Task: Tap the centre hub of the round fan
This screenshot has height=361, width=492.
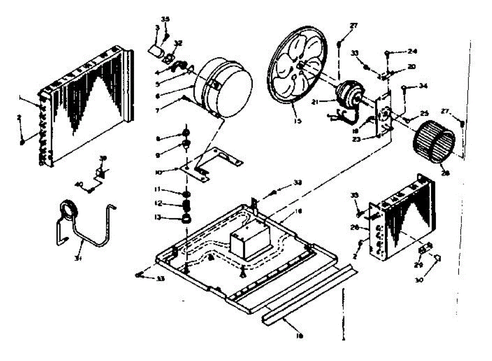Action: coord(301,66)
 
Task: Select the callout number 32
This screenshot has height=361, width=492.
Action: coord(179,43)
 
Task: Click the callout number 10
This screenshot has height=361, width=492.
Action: coord(169,173)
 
